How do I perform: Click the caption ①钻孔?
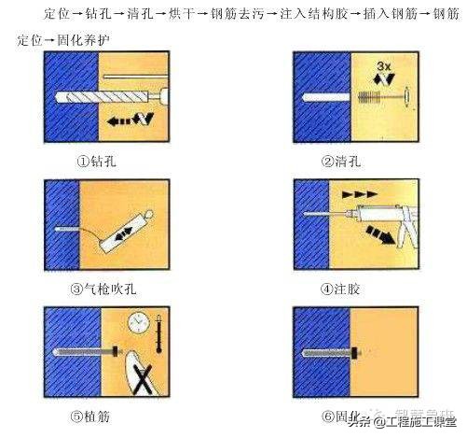(x=98, y=160)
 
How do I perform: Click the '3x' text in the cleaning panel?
(x=383, y=66)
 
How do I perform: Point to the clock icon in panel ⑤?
(x=139, y=322)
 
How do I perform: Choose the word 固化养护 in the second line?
(x=80, y=40)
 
